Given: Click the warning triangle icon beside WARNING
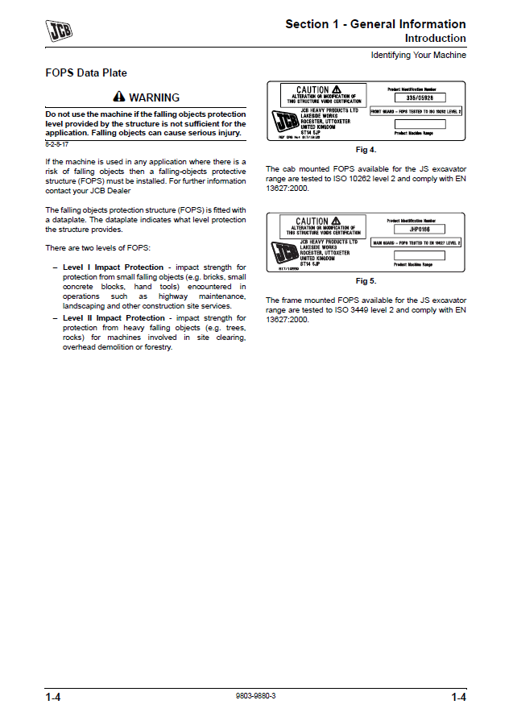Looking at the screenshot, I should (x=119, y=97).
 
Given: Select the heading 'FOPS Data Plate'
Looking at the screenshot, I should (x=86, y=73).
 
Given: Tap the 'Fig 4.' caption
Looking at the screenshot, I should (x=366, y=150).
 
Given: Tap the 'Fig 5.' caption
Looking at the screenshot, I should (x=366, y=281).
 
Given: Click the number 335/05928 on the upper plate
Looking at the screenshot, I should (x=415, y=98).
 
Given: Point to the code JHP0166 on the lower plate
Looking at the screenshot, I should (x=415, y=230).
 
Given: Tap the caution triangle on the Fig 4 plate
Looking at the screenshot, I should (x=337, y=89).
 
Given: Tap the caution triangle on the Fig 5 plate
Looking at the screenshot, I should (x=336, y=221).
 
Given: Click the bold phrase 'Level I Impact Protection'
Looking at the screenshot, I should (x=113, y=267).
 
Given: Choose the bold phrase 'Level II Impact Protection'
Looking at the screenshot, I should (x=114, y=318).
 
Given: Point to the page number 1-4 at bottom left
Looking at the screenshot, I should (x=54, y=697).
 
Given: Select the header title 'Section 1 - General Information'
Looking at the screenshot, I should (x=375, y=24).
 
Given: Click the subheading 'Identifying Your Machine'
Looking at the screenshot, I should (x=418, y=55).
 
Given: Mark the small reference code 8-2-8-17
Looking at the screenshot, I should (x=56, y=143).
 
